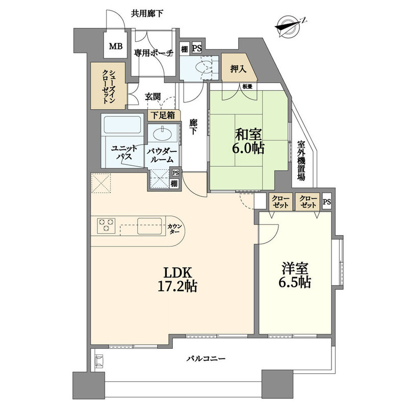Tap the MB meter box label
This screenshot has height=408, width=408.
pyautogui.click(x=116, y=46)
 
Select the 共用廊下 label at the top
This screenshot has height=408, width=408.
pyautogui.click(x=147, y=14)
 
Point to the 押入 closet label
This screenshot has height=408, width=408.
pyautogui.click(x=238, y=69)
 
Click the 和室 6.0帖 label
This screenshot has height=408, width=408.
pyautogui.click(x=249, y=142)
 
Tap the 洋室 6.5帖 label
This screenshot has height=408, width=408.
pyautogui.click(x=295, y=275)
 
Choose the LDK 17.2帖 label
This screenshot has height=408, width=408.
pyautogui.click(x=177, y=279)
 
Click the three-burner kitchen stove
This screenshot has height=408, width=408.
pyautogui.click(x=106, y=225)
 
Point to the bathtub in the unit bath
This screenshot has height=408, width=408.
pyautogui.click(x=122, y=125)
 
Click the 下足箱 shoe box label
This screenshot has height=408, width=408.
pyautogui.click(x=163, y=115)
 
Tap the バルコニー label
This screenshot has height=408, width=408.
pyautogui.click(x=206, y=359)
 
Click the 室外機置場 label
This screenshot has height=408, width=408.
pyautogui.click(x=301, y=161)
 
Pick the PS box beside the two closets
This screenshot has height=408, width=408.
pyautogui.click(x=327, y=201)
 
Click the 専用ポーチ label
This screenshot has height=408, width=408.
pyautogui.click(x=154, y=54)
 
